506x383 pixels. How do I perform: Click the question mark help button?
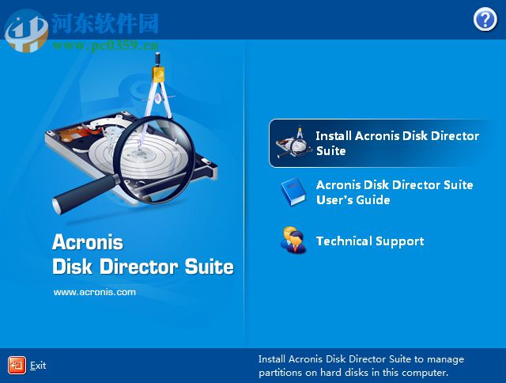[485, 20]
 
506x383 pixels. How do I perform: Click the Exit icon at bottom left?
[17, 365]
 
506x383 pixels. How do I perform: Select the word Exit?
[38, 366]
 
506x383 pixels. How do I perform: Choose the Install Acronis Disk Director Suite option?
[397, 143]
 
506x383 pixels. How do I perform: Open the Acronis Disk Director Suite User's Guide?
[394, 192]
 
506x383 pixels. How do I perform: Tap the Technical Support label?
[369, 241]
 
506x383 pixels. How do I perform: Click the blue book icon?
[292, 192]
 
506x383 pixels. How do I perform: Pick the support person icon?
[292, 241]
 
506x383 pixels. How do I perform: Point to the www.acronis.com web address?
[94, 292]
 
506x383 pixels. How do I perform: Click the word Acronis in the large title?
[87, 241]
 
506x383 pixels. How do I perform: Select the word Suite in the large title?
[209, 267]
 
